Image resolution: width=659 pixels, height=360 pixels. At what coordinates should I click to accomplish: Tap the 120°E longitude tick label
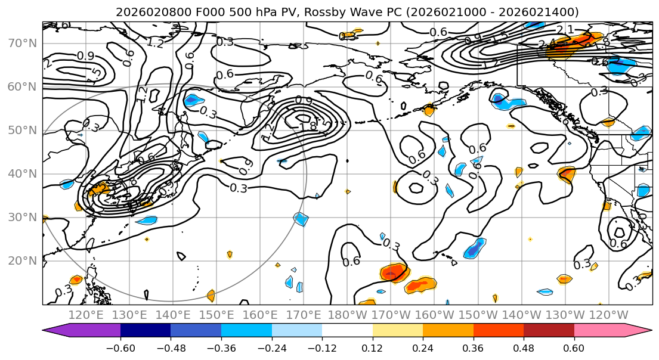86,315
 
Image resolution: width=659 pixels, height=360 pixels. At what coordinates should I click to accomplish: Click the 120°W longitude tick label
609,315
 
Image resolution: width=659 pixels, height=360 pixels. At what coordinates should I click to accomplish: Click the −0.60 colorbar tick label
120,347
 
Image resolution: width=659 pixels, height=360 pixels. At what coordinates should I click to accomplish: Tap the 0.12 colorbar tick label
372,347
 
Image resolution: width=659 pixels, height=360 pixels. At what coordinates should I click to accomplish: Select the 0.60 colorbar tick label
574,347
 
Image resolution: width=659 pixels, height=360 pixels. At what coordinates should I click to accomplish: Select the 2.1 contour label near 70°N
565,30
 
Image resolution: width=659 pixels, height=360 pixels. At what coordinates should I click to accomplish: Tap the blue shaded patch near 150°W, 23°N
475,248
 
